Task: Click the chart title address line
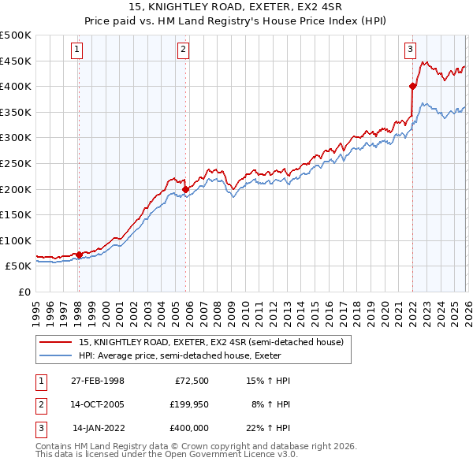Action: coord(236,7)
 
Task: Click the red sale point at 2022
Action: coord(412,86)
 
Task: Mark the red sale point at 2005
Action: coord(185,189)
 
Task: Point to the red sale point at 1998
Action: coord(79,255)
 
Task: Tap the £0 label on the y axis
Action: coord(25,292)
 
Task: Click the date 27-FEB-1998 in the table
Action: coord(97,381)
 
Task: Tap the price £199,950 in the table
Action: coord(188,404)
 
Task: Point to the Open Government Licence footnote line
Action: coord(166,455)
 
